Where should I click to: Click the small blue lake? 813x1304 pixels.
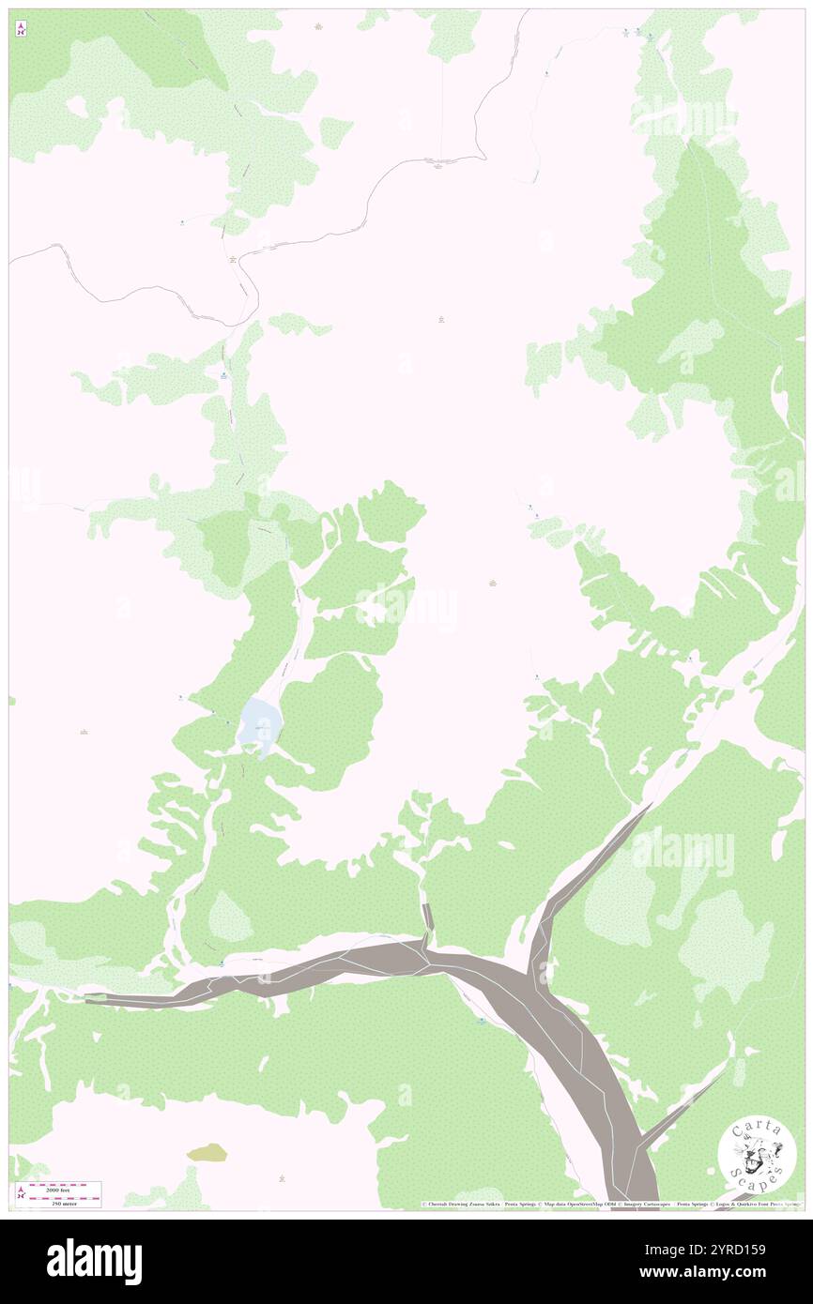tap(259, 725)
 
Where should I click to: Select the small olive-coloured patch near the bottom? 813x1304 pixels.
tap(207, 1152)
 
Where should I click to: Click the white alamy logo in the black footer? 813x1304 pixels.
tap(94, 1261)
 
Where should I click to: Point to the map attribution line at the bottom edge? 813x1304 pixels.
tap(610, 1204)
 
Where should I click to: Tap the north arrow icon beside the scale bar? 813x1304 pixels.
tap(21, 1193)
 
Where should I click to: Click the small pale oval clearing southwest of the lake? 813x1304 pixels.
tap(230, 917)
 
